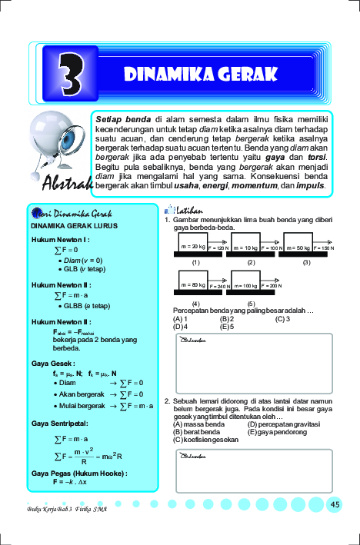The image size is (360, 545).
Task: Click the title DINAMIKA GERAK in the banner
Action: tap(200, 75)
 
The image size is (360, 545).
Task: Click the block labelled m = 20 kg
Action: tap(192, 248)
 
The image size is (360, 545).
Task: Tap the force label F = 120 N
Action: tap(219, 248)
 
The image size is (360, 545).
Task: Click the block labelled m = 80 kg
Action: tap(192, 285)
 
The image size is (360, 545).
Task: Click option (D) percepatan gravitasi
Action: tap(285, 424)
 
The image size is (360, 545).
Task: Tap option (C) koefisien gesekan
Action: tap(207, 439)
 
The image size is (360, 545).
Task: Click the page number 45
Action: tap(335, 504)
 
